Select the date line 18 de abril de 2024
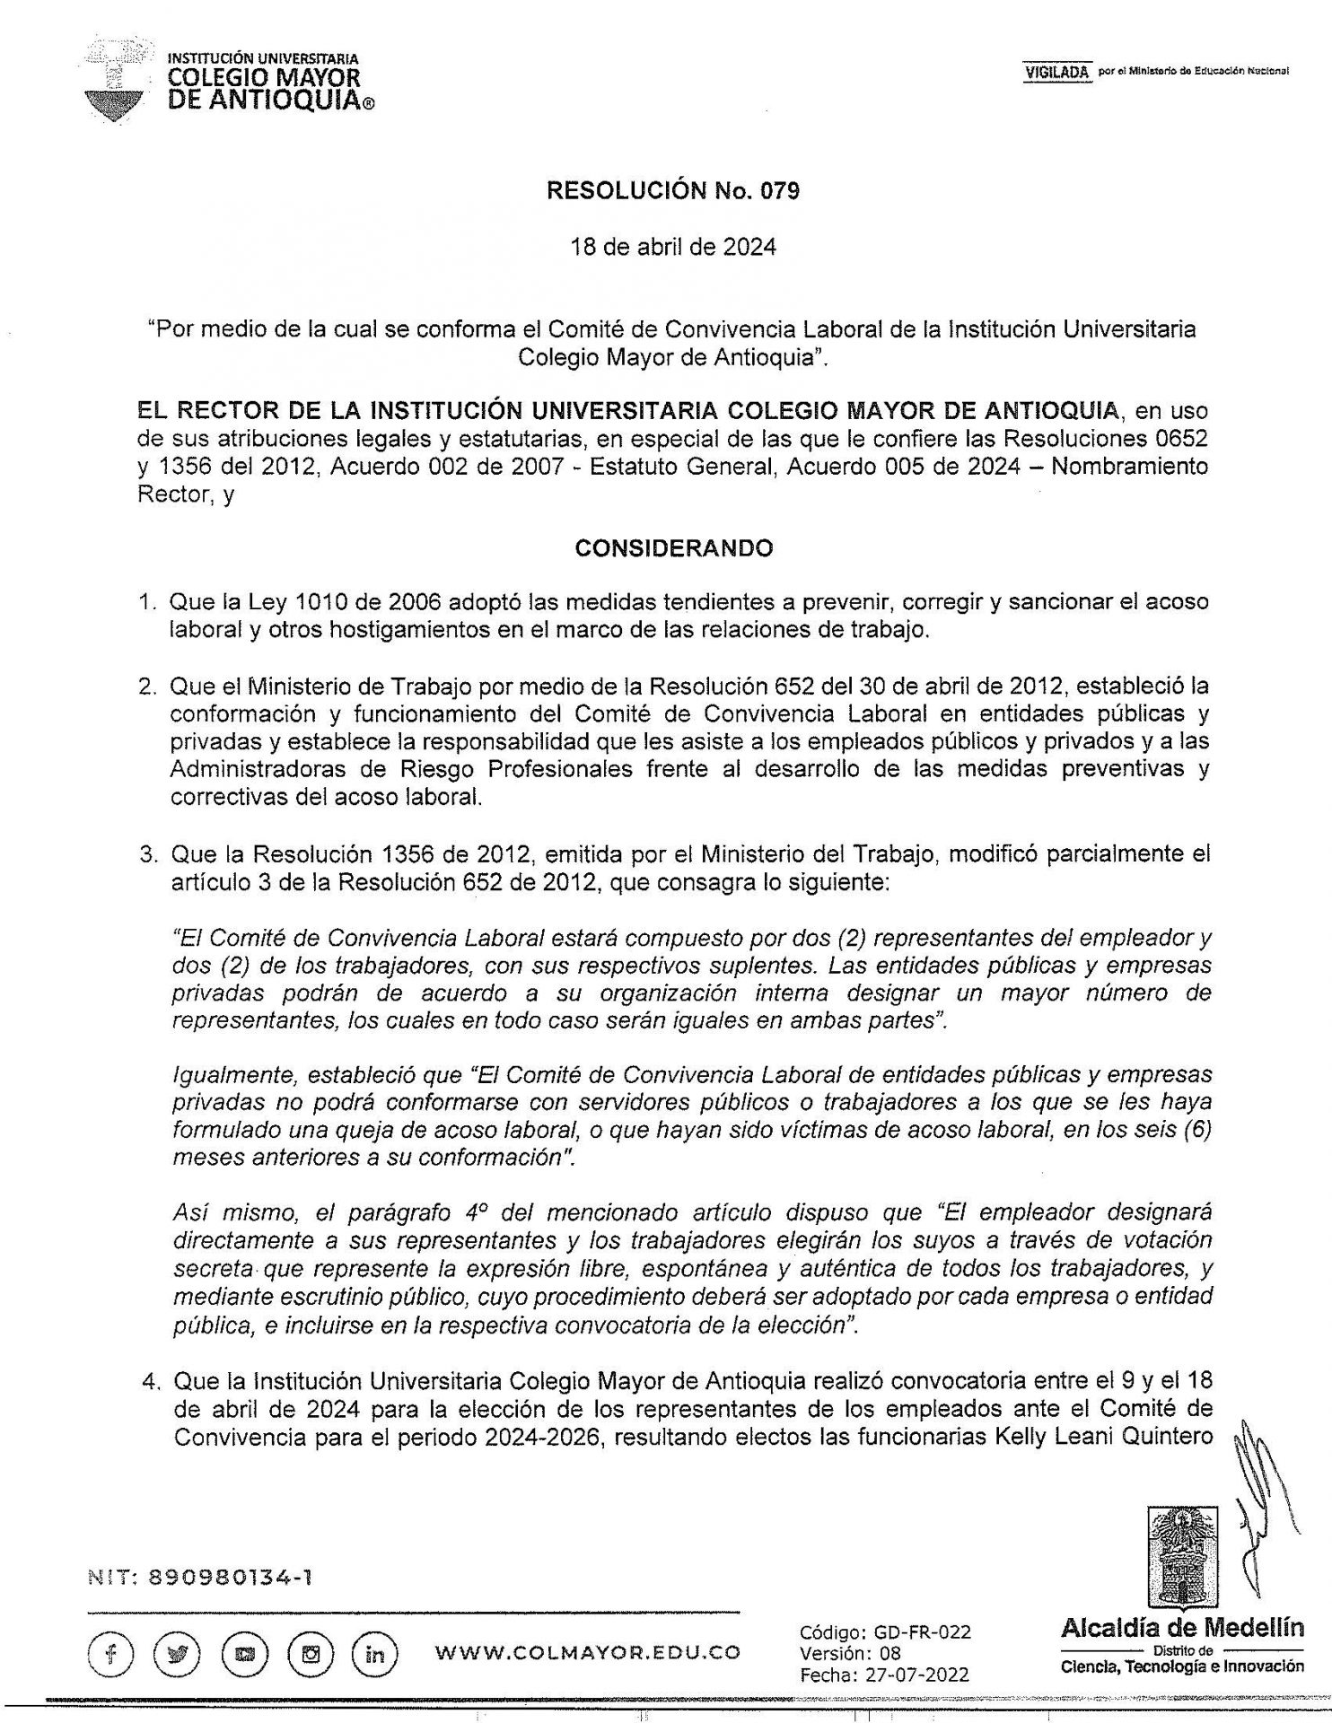[673, 247]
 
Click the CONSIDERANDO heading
[673, 547]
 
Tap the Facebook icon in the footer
[111, 1652]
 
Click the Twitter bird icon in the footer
[177, 1652]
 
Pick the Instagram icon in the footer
[311, 1652]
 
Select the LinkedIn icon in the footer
[375, 1652]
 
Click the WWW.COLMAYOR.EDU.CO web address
[587, 1652]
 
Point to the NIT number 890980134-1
[200, 1577]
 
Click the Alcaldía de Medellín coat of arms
[1182, 1558]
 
